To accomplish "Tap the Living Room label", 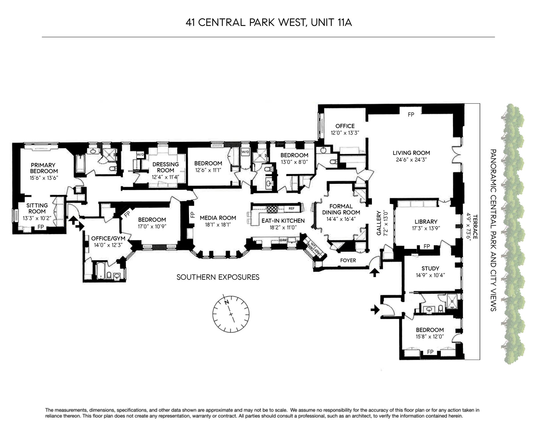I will (411, 153).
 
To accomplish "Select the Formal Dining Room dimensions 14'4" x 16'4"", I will (341, 219).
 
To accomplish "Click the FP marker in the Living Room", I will (411, 115).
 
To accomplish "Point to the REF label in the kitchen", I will (291, 208).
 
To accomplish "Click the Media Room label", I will (218, 218).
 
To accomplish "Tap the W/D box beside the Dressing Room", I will (140, 155).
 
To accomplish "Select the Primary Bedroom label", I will (44, 168).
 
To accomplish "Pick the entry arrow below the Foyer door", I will (374, 273).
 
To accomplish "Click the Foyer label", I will (348, 260).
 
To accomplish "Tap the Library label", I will (426, 221).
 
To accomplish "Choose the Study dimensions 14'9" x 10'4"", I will (430, 275).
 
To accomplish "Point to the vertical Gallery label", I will (379, 223).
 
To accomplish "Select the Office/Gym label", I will (108, 238).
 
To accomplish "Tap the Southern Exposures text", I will (218, 277).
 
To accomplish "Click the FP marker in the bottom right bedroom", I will (430, 352).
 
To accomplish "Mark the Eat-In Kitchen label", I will (283, 221).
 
